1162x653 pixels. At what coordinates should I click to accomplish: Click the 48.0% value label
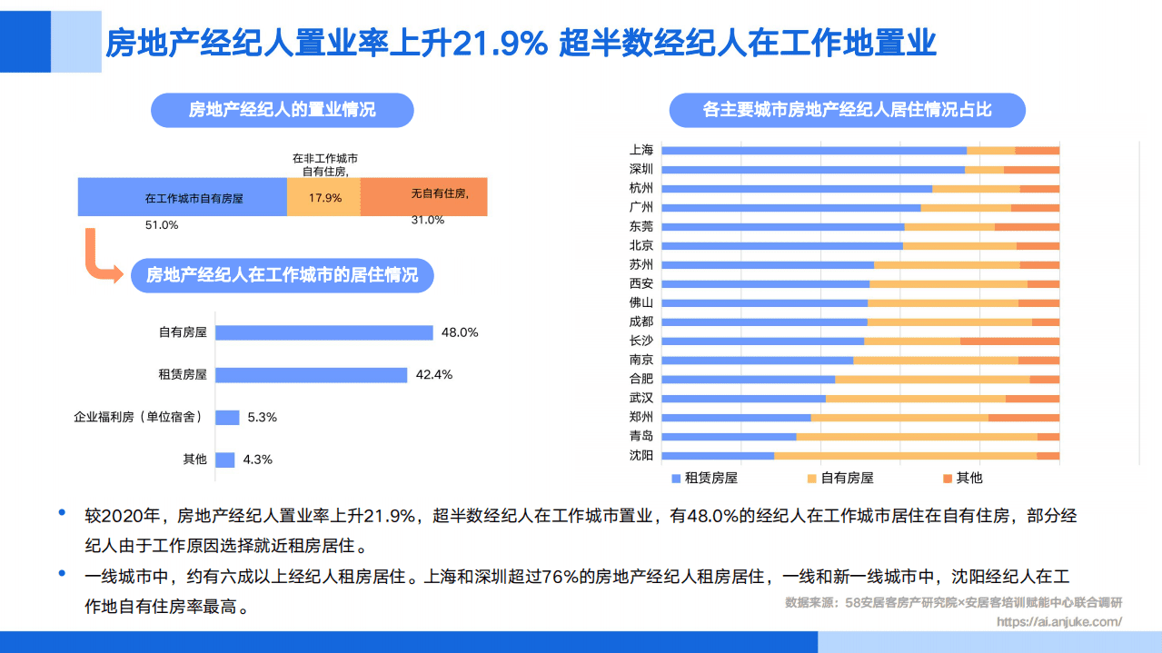coord(459,332)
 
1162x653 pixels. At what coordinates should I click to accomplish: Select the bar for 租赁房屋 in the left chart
coord(311,375)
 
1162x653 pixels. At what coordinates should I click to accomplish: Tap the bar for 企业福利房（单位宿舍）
coord(227,418)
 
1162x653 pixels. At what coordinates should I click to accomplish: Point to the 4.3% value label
coord(257,460)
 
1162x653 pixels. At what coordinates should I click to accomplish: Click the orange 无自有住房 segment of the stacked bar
coord(423,197)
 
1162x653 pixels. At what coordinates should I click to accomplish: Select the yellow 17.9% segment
coord(324,197)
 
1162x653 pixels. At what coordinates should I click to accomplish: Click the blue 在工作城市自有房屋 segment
coord(183,197)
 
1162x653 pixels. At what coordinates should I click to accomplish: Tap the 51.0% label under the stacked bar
coord(162,224)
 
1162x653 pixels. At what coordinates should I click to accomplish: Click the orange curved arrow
coord(99,259)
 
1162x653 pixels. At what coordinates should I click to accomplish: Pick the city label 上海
coord(641,150)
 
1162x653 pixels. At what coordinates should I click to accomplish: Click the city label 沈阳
coord(641,455)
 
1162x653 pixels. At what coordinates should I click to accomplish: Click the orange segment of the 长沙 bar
coord(1009,341)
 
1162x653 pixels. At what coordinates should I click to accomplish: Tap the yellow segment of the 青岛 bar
coord(916,437)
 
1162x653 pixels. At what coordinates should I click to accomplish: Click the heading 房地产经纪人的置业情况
coord(282,111)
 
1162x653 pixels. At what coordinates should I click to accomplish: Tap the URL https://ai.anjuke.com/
coord(1058,622)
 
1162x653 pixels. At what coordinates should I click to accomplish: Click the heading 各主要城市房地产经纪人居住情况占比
coord(847,111)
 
